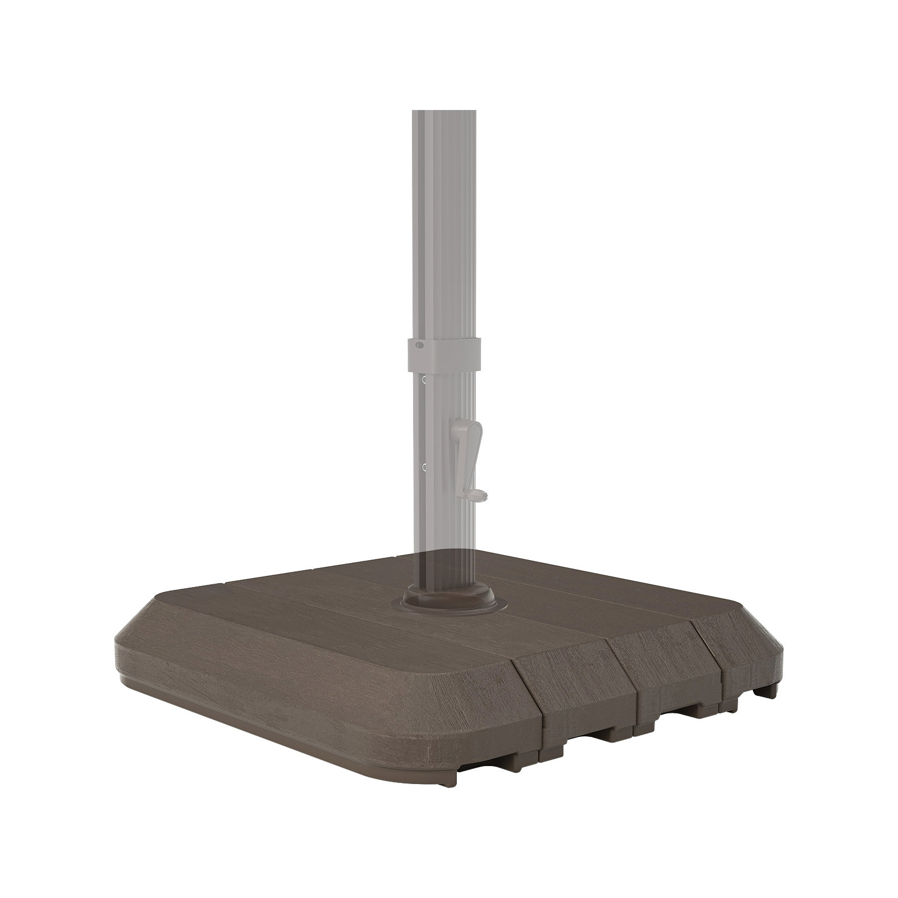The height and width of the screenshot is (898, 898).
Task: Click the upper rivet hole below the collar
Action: click(424, 380)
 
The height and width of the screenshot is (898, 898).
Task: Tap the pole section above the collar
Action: click(446, 224)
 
